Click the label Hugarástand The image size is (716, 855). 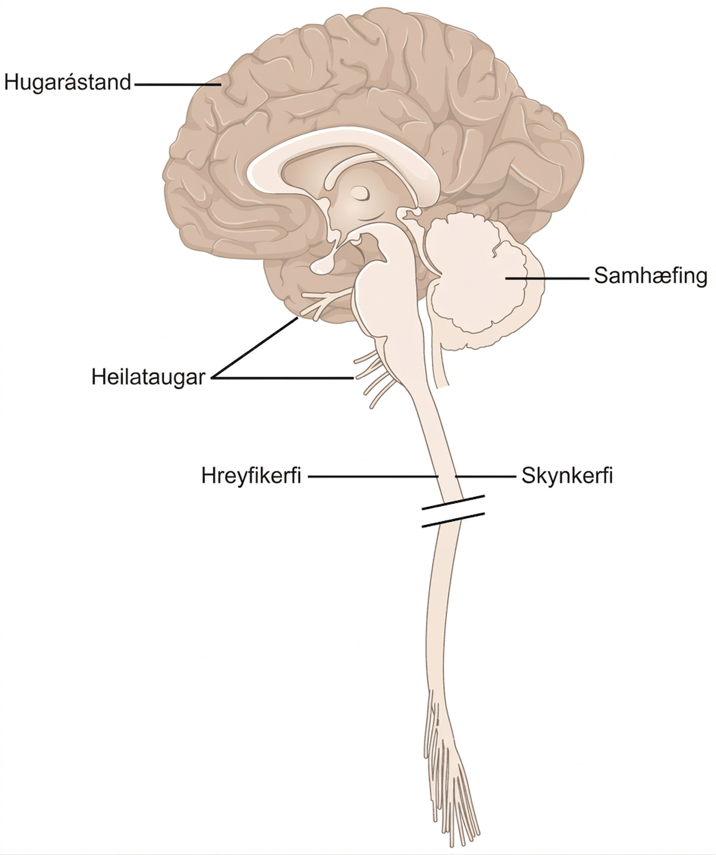(x=68, y=83)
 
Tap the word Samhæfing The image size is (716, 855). (x=650, y=276)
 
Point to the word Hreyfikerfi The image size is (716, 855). (x=251, y=476)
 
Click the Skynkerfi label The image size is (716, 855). (x=567, y=476)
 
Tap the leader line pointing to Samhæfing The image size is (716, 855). (x=547, y=278)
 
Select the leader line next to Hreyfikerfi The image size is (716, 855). (x=373, y=477)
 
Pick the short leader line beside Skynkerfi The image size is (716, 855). (x=485, y=477)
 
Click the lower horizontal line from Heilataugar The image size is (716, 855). (x=282, y=378)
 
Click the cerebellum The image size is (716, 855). (x=483, y=283)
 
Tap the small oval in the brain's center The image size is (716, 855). (x=360, y=193)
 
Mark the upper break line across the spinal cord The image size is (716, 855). (x=453, y=502)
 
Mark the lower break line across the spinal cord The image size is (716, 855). (x=453, y=520)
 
